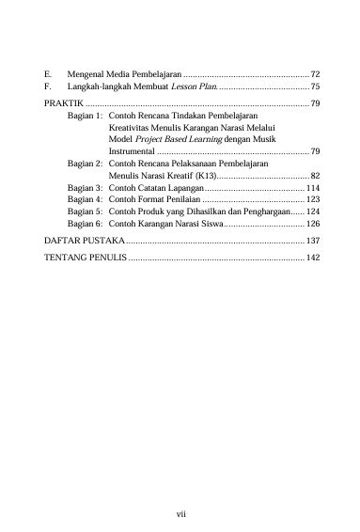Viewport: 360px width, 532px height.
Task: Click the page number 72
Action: tap(316, 72)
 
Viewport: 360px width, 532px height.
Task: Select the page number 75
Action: tap(316, 86)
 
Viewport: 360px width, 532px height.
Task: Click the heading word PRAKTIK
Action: tap(62, 102)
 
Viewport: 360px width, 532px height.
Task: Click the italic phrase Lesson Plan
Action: tap(194, 86)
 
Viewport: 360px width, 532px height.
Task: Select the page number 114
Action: tap(313, 188)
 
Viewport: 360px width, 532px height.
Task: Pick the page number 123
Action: tap(313, 200)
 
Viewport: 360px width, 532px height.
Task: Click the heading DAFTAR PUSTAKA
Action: tap(79, 242)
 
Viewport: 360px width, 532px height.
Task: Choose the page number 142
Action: tap(313, 258)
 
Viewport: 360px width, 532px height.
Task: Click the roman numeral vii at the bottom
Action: tap(182, 514)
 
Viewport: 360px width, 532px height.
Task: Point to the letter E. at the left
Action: tap(48, 72)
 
